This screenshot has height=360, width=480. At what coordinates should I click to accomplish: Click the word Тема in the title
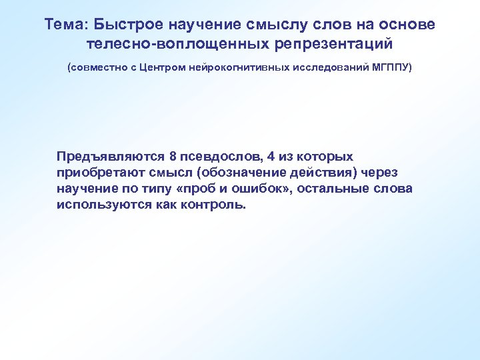point(66,25)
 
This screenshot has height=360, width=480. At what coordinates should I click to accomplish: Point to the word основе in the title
point(407,25)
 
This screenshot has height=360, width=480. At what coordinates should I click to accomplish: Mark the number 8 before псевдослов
point(173,157)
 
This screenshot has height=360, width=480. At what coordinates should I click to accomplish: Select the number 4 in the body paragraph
point(270,157)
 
